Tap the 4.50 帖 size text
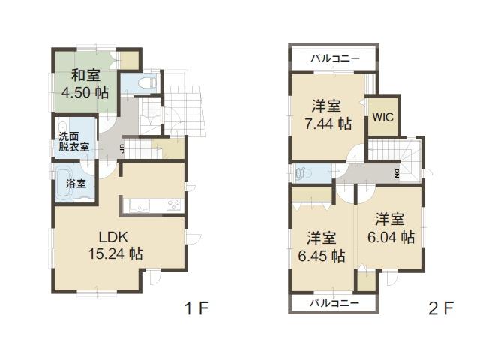(x=85, y=93)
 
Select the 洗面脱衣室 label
(x=74, y=142)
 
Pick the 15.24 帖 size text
(x=115, y=253)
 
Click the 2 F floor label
(x=442, y=308)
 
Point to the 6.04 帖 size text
(x=391, y=237)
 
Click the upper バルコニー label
(x=334, y=58)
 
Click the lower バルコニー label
(x=334, y=302)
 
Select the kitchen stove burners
(x=172, y=204)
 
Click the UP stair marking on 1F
(x=121, y=148)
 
